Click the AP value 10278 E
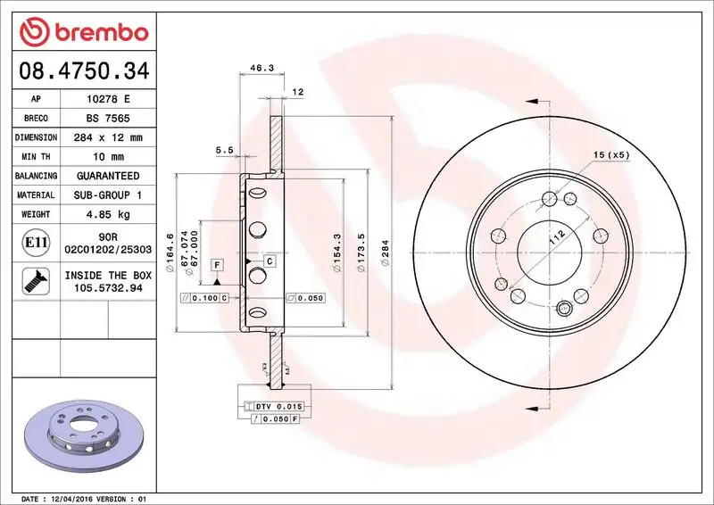105,99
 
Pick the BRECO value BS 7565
105,119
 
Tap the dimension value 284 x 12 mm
105,138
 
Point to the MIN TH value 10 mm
105,157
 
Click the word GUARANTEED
105,176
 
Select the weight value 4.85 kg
105,214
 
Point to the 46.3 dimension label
261,68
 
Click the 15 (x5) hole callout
611,155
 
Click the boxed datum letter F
217,265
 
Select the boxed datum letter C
269,261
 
